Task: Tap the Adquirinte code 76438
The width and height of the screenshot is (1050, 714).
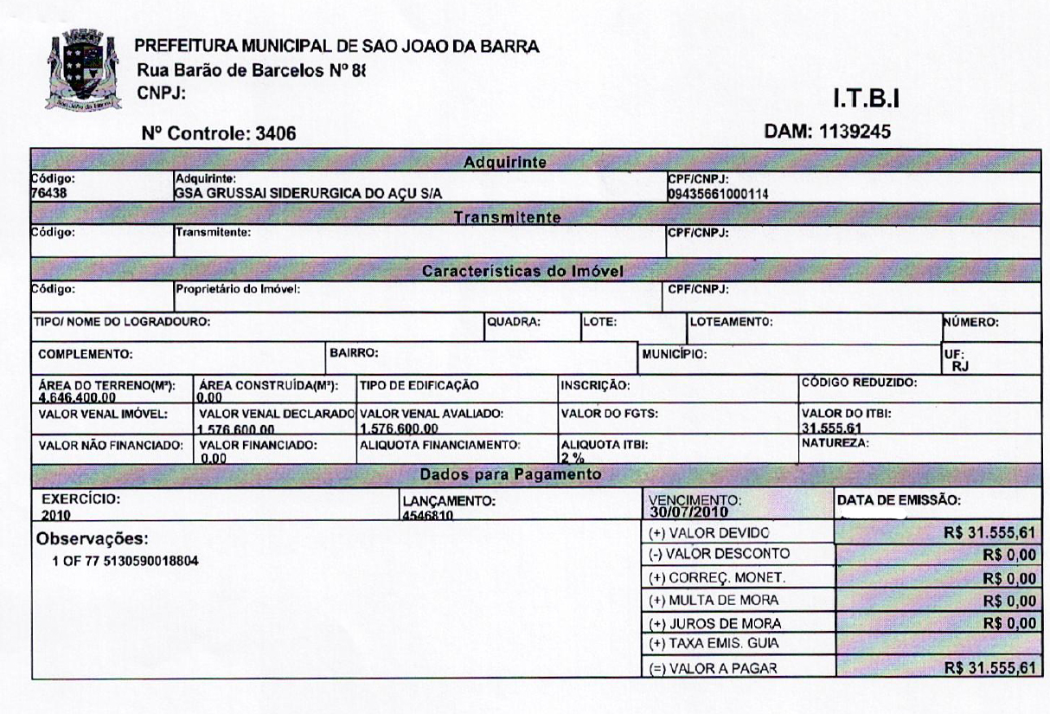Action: [49, 193]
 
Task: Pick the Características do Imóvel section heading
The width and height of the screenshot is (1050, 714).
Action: [523, 271]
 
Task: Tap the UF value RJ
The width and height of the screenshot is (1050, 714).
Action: [960, 366]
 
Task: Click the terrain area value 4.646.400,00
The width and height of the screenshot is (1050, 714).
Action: [78, 396]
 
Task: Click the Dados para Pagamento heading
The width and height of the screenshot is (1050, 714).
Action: [509, 474]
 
